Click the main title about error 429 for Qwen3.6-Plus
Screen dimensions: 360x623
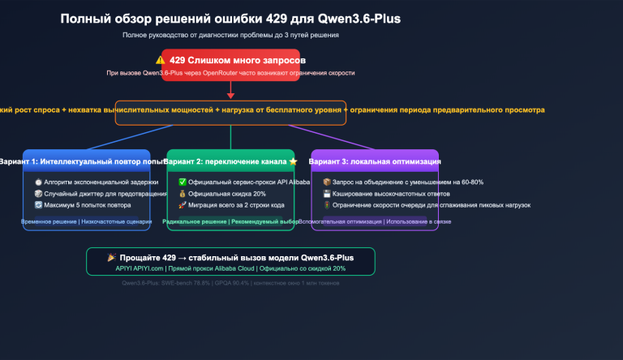[230, 18]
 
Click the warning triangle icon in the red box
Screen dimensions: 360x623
[161, 60]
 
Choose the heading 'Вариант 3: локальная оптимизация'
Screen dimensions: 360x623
[375, 161]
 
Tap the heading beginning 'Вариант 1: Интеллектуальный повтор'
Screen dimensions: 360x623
[77, 161]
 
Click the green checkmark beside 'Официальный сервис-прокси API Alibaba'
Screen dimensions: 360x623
[183, 182]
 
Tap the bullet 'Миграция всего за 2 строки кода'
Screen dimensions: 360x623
[231, 205]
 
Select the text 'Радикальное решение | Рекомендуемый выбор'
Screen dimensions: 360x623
[230, 221]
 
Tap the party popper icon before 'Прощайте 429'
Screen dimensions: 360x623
[112, 257]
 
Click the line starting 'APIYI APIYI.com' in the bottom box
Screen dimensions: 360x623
[230, 268]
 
